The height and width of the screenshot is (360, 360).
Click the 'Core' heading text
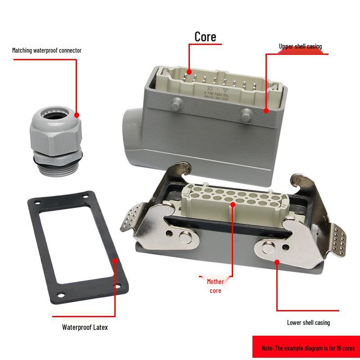click(x=205, y=36)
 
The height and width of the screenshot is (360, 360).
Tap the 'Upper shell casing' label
click(x=300, y=46)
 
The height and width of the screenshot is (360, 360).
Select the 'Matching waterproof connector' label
click(x=47, y=50)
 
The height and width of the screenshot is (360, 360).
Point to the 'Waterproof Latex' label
click(x=85, y=327)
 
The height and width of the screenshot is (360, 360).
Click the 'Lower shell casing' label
click(x=308, y=323)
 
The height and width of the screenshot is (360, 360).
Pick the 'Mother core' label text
click(x=215, y=286)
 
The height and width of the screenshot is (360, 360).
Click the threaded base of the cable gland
click(x=57, y=167)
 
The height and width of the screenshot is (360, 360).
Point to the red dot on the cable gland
click(x=76, y=115)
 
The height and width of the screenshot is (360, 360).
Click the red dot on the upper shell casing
click(x=266, y=110)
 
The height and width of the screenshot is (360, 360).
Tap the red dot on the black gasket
click(x=115, y=260)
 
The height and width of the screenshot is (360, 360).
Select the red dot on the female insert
click(x=233, y=205)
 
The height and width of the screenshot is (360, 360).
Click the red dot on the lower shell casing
click(x=277, y=261)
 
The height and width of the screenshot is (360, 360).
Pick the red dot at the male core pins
click(x=189, y=71)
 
